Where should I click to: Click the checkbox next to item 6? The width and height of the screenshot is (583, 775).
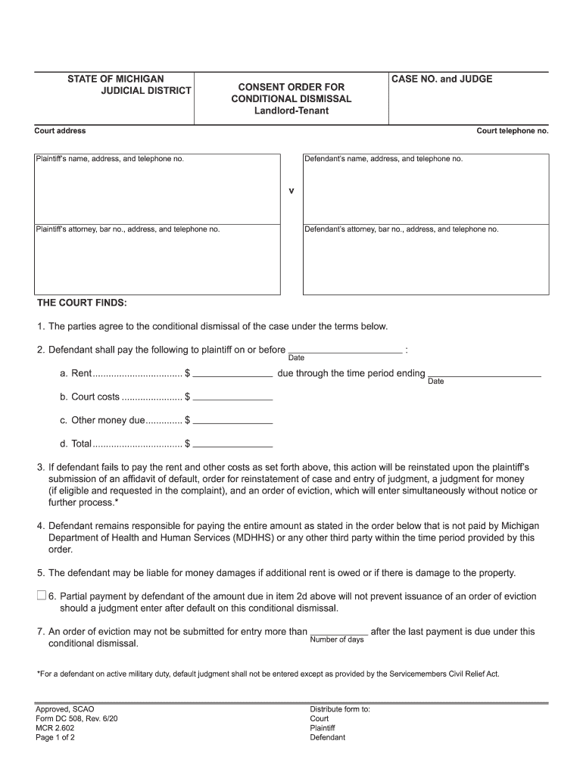click(x=41, y=596)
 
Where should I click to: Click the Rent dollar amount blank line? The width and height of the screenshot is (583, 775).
click(x=233, y=375)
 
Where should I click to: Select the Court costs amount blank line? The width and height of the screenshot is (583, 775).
click(x=233, y=397)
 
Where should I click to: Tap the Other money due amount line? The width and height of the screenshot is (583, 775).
click(x=233, y=421)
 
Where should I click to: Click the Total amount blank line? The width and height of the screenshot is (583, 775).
click(x=233, y=444)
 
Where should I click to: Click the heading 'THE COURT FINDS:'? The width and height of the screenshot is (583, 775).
click(x=83, y=303)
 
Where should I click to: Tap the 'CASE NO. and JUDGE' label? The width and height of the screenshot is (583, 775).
click(x=441, y=79)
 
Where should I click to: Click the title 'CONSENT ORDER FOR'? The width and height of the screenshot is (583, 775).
click(x=291, y=87)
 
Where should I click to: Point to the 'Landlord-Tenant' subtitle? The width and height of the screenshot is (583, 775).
click(x=291, y=111)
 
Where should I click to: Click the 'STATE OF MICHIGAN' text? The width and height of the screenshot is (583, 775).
click(x=115, y=79)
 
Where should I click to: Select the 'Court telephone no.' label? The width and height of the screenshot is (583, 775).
click(x=512, y=131)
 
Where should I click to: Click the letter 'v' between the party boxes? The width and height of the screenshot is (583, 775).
click(x=291, y=191)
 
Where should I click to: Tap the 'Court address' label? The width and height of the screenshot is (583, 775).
click(x=60, y=131)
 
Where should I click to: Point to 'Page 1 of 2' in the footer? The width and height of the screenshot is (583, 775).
click(x=55, y=738)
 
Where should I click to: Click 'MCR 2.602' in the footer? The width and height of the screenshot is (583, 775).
click(x=55, y=728)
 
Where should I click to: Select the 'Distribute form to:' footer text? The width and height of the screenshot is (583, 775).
click(x=340, y=709)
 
